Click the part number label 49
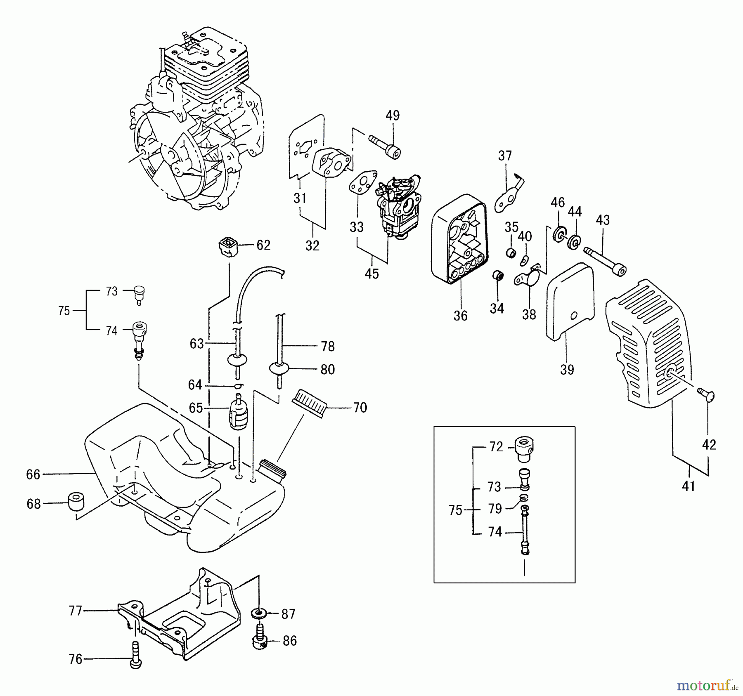tap(393, 116)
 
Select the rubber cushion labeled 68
tap(76, 501)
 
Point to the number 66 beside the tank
tap(33, 474)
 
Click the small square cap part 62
tap(227, 245)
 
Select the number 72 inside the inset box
tap(496, 447)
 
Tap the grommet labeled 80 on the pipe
tap(278, 368)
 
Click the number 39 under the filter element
tap(567, 370)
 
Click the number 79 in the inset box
tap(495, 509)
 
